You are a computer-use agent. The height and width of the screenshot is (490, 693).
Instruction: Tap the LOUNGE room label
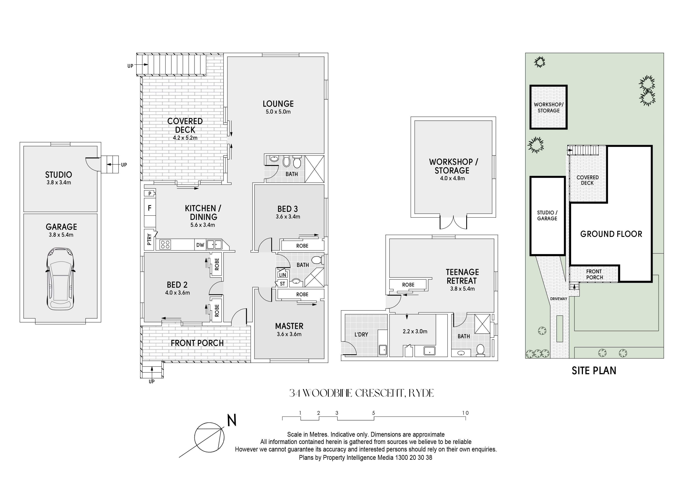(278, 104)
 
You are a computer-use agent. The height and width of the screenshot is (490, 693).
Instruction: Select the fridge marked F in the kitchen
(149, 208)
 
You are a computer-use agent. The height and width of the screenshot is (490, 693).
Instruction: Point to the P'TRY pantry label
(149, 240)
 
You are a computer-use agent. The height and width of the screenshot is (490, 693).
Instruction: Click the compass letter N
(232, 421)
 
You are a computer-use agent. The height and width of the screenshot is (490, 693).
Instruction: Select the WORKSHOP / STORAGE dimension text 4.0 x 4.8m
(452, 178)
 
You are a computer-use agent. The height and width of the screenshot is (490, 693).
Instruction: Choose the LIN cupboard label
(282, 275)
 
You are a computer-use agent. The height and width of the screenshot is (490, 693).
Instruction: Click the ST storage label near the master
(282, 284)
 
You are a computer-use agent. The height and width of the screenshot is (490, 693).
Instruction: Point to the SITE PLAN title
(594, 370)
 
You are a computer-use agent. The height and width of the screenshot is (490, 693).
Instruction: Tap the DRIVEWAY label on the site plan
(558, 299)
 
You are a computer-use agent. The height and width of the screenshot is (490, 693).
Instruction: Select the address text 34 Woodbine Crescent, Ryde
(361, 393)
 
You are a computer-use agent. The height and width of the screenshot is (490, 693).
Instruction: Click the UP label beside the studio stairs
(124, 165)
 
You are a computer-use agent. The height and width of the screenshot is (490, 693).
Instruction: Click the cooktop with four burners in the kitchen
(165, 244)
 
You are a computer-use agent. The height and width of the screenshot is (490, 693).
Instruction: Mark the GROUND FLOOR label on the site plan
(611, 234)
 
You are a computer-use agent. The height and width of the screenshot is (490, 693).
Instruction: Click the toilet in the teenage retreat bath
(480, 350)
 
